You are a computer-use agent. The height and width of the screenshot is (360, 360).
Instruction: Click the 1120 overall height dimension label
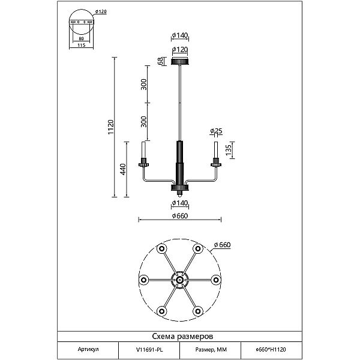tap(110, 127)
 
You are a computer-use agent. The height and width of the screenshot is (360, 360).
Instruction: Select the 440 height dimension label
tap(123, 169)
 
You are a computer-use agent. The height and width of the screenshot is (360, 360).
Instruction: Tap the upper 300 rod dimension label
tap(143, 84)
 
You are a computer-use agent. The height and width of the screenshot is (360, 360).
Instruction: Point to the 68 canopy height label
tap(161, 61)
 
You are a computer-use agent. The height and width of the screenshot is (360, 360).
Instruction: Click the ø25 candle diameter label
tap(216, 131)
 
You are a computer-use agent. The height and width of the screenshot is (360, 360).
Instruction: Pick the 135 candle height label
tap(229, 150)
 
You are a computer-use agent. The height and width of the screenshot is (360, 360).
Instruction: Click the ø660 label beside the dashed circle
tap(222, 245)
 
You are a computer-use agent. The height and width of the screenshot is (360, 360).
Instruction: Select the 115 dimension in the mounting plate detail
tap(81, 45)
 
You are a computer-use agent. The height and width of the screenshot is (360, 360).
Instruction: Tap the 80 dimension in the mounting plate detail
tap(81, 38)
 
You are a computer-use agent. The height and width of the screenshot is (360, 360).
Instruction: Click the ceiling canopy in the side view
tap(180, 62)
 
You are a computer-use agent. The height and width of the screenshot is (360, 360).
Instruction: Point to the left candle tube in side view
tap(144, 150)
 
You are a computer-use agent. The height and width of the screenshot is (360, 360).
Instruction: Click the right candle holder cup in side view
tap(216, 164)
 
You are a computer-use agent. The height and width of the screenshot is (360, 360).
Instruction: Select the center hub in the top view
tap(180, 280)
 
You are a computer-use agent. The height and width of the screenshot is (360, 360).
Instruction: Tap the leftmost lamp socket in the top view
tap(144, 280)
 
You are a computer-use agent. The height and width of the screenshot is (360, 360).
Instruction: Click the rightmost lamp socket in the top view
tap(216, 280)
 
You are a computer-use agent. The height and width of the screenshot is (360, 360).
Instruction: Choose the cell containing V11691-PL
tap(149, 350)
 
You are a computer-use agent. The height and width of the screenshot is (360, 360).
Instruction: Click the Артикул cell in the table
tap(88, 350)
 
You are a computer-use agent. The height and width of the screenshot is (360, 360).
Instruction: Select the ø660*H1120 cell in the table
tap(271, 350)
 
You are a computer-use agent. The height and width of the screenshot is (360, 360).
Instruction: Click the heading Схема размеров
tap(182, 337)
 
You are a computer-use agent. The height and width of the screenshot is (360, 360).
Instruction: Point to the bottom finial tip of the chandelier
tap(180, 197)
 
